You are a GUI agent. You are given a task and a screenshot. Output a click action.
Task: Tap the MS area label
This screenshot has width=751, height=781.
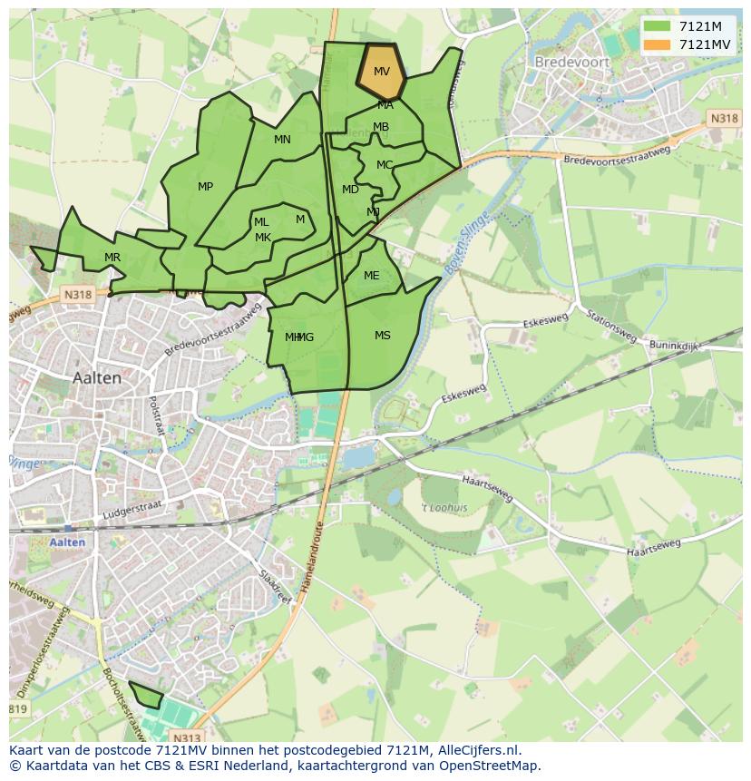[383, 336]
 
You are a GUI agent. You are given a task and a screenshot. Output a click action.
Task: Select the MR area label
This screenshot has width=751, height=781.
[112, 258]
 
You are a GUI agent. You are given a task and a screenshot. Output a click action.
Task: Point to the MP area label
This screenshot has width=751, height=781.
[206, 187]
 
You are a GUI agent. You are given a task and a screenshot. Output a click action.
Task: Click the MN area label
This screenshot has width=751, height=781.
[282, 140]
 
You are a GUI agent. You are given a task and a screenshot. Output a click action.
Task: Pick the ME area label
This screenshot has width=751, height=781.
[371, 276]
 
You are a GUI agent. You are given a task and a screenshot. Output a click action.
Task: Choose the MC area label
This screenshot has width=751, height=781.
[385, 165]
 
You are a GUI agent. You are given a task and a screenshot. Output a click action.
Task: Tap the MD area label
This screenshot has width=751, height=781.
[350, 190]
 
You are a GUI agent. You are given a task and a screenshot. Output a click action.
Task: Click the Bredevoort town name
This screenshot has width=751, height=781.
[574, 63]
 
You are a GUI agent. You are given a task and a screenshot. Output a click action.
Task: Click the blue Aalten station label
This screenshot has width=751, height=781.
[68, 542]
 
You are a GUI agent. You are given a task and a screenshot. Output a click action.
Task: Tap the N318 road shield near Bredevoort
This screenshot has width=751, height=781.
[724, 119]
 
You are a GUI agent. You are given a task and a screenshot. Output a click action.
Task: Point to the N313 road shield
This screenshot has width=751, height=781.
[186, 738]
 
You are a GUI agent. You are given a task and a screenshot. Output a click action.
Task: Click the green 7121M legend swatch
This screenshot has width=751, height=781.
[657, 25]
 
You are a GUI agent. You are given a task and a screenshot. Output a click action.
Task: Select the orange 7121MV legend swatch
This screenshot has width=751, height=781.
[657, 44]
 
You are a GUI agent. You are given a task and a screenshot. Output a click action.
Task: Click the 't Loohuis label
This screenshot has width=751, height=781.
[444, 508]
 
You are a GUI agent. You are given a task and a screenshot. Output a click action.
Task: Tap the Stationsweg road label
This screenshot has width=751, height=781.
[610, 327]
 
